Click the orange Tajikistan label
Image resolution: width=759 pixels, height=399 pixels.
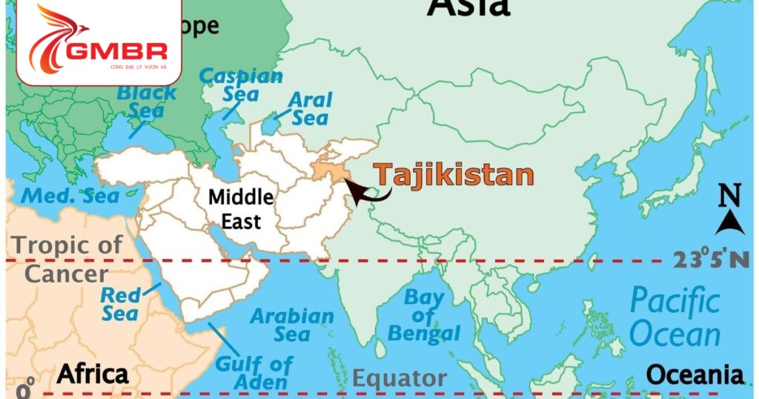453,175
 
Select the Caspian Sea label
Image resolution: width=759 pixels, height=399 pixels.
242,85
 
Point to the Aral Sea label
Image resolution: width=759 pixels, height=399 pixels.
310,108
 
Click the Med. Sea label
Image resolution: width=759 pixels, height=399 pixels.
70,197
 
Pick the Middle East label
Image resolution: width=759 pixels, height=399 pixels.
240,208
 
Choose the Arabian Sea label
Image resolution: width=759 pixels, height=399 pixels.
291,325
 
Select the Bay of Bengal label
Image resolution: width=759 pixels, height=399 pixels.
424,316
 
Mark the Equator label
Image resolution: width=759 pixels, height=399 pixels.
399,378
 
